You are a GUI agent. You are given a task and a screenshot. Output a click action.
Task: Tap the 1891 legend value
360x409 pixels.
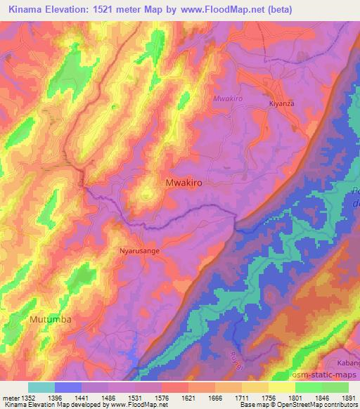click(348, 397)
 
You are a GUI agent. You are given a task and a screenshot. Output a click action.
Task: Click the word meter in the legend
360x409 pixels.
click(9, 397)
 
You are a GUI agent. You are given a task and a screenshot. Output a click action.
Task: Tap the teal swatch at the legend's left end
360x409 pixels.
click(41, 387)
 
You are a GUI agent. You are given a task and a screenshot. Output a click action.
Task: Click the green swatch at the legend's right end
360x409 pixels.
click(335, 387)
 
